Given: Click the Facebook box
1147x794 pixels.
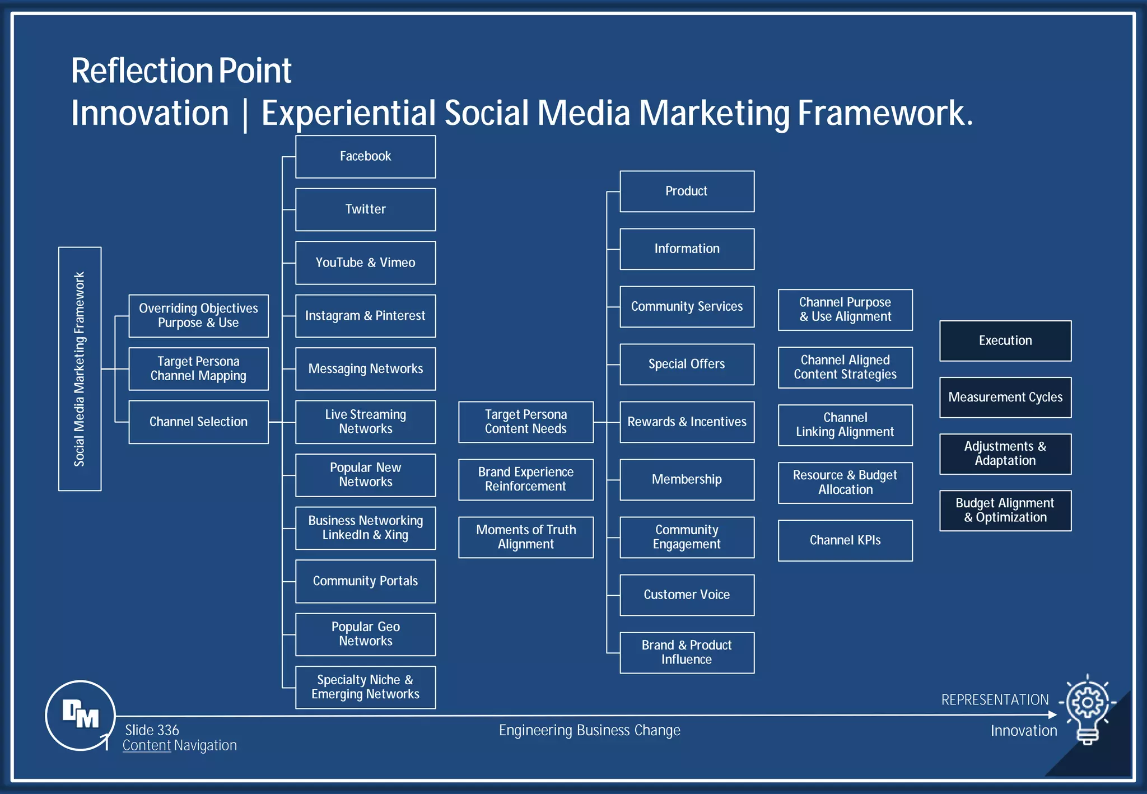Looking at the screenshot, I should click(x=365, y=157).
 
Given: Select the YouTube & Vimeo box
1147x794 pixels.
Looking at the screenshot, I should click(x=365, y=263).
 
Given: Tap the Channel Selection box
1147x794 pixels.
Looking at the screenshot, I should click(x=198, y=422).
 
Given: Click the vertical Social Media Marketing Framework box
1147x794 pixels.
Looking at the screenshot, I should click(x=80, y=369).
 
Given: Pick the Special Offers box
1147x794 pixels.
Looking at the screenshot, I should click(x=687, y=364).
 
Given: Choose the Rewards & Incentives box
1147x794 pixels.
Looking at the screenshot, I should click(x=687, y=422).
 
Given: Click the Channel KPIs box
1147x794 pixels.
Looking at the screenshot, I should click(x=845, y=540).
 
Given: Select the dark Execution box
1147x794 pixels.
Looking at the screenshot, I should click(x=1005, y=340).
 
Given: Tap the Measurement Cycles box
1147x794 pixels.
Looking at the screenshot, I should click(x=1005, y=397).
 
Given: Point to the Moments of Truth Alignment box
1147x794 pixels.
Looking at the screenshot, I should click(x=525, y=537).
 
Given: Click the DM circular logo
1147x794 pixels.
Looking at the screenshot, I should click(x=80, y=715).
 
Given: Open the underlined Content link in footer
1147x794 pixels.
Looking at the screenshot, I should click(x=147, y=746).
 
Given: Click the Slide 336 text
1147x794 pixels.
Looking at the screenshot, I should click(x=152, y=730).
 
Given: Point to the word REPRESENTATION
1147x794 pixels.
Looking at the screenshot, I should click(x=995, y=700).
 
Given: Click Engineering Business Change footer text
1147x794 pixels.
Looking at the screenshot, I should click(x=589, y=730).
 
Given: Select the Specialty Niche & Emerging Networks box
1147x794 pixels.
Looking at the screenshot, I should click(x=365, y=687).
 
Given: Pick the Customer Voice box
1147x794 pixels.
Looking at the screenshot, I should click(x=687, y=595).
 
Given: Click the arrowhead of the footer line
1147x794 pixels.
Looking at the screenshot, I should click(x=1052, y=714).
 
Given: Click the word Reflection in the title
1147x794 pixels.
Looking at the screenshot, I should click(x=140, y=71).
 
